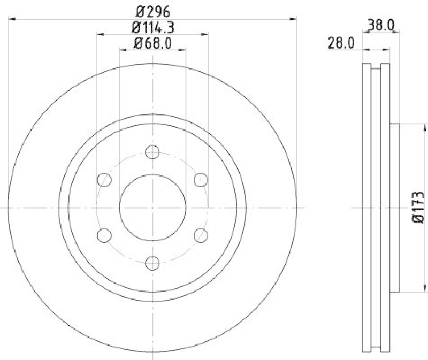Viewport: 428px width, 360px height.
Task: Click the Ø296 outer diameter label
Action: pyautogui.click(x=153, y=10)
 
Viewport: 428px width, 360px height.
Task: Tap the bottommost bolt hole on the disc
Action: pyautogui.click(x=153, y=262)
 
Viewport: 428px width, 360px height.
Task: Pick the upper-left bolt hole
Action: pyautogui.click(x=105, y=180)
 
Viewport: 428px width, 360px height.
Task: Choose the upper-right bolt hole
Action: pyautogui.click(x=201, y=180)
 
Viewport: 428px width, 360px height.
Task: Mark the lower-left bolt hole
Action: pyautogui.click(x=105, y=234)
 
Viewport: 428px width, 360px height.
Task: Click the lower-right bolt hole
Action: pyautogui.click(x=201, y=234)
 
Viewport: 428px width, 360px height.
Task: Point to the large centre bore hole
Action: pyautogui.click(x=153, y=208)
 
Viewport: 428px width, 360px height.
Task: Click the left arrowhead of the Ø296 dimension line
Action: pyautogui.click(x=13, y=19)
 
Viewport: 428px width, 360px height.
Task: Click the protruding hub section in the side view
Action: pyautogui.click(x=395, y=208)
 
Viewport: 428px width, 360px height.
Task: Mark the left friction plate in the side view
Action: pyautogui.click(x=366, y=208)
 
